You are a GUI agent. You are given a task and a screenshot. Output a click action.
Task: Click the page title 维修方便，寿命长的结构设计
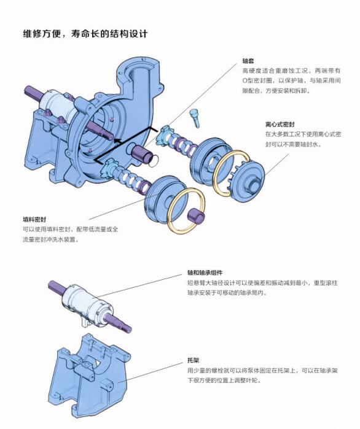pyautogui.click(x=85, y=34)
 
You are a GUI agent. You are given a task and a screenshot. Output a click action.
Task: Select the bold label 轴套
pyautogui.click(x=248, y=61)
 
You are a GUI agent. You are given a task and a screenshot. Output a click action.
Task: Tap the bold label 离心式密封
pyautogui.click(x=280, y=125)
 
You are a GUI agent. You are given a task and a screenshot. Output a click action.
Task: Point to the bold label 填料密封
pyautogui.click(x=34, y=220)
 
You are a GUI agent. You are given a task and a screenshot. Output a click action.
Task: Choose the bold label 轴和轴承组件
pyautogui.click(x=205, y=272)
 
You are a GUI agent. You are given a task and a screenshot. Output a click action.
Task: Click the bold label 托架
pyautogui.click(x=194, y=360)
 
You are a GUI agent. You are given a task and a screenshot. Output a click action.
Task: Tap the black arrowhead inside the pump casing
pyautogui.click(x=118, y=141)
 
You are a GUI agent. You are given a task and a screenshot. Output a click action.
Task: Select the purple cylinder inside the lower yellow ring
pyautogui.click(x=196, y=215)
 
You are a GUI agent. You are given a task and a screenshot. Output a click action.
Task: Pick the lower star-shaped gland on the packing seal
pyautogui.click(x=110, y=168)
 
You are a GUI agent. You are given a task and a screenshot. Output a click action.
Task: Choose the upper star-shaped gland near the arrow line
pyautogui.click(x=164, y=134)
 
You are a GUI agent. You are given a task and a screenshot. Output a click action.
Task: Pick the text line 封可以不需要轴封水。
pyautogui.click(x=293, y=144)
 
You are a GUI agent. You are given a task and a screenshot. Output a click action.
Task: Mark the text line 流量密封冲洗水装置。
pyautogui.click(x=51, y=240)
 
